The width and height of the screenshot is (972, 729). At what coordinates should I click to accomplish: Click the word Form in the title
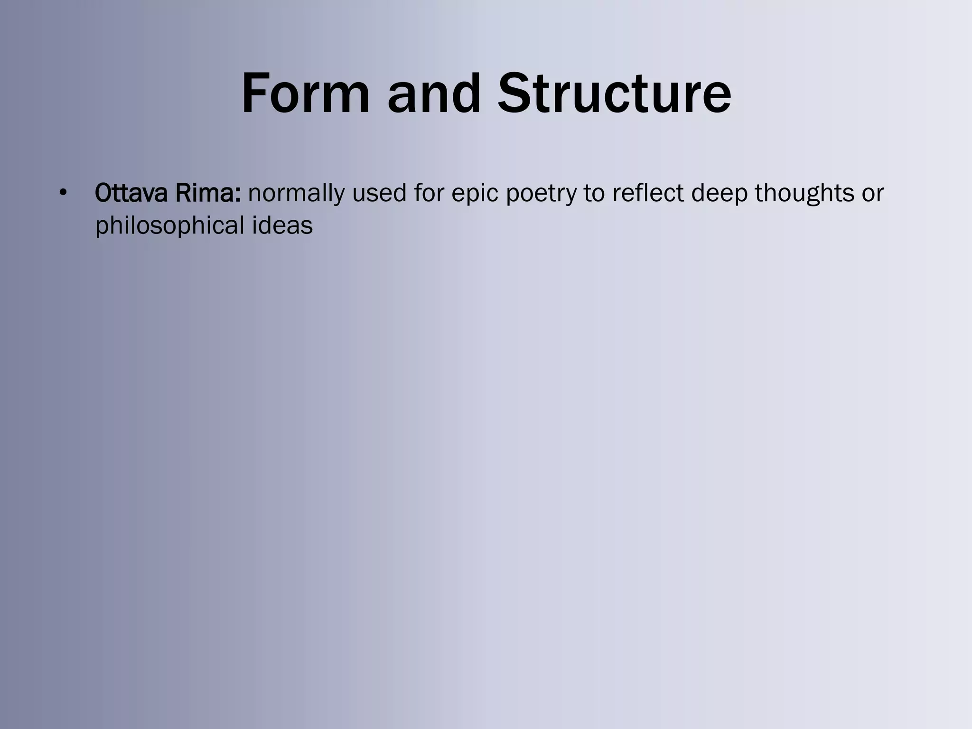click(x=305, y=93)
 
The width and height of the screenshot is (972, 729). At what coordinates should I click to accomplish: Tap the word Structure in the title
click(x=614, y=93)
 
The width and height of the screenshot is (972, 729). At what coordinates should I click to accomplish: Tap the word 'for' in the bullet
click(x=429, y=193)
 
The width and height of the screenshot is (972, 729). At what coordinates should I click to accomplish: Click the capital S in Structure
click(x=515, y=93)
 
